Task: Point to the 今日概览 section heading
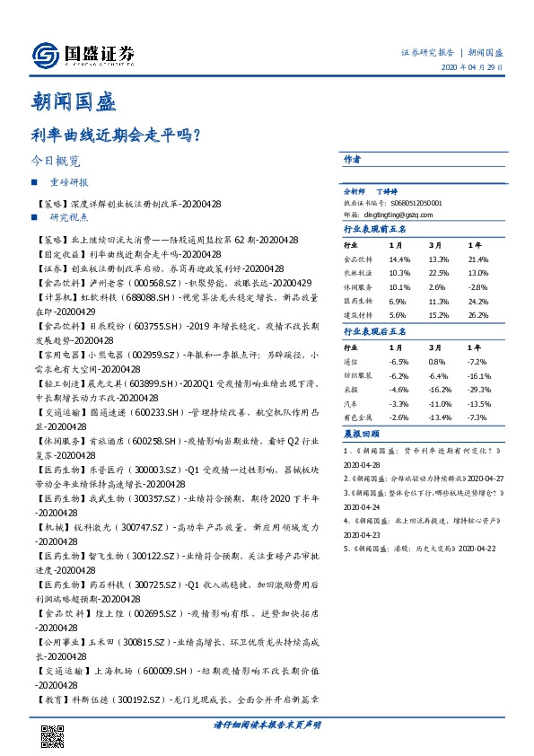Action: click(x=56, y=163)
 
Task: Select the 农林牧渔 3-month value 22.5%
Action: click(x=439, y=272)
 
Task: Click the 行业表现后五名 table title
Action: click(x=376, y=331)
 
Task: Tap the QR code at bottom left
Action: click(x=52, y=734)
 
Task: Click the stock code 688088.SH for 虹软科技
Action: click(x=134, y=295)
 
